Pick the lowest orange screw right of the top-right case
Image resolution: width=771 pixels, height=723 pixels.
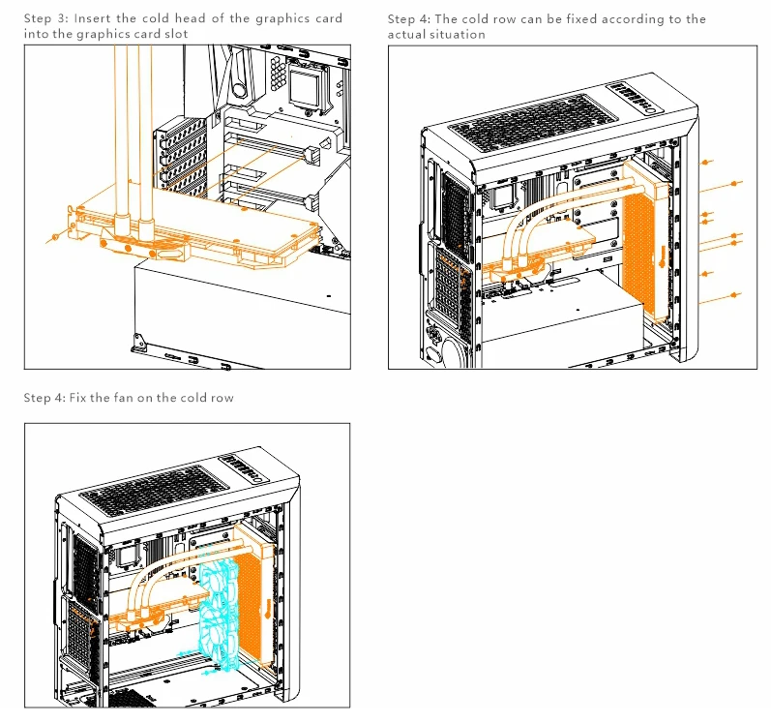pos(740,293)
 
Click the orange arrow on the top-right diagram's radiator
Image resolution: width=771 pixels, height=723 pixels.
pos(662,257)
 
